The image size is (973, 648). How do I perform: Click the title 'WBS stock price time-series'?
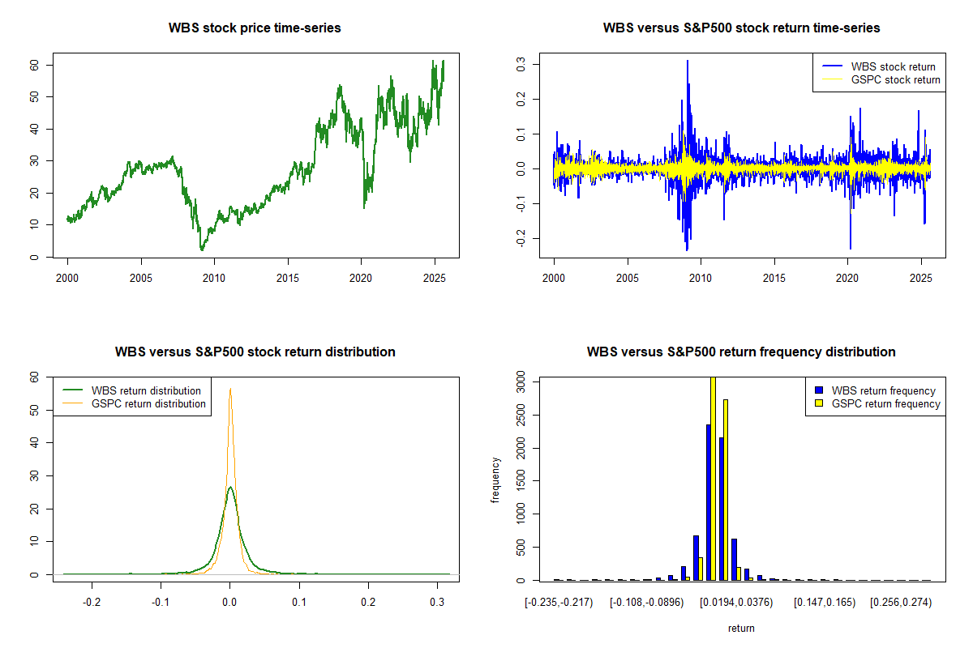coord(255,28)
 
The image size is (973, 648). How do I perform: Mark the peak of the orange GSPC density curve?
coord(230,389)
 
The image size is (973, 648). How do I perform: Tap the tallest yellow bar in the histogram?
coord(713,478)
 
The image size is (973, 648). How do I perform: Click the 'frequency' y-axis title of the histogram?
coord(495,480)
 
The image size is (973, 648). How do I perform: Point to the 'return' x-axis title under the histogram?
coord(741,628)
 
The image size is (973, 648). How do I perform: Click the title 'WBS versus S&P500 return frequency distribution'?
coord(741,352)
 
